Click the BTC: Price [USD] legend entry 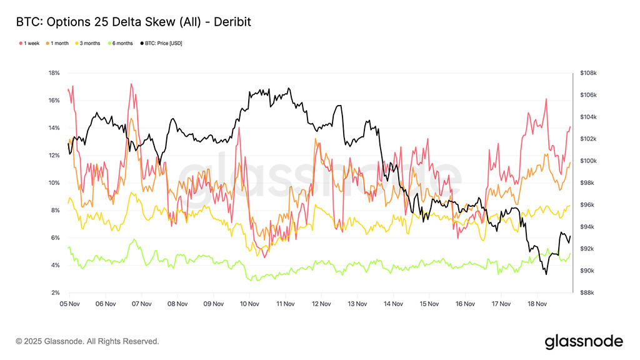coord(163,43)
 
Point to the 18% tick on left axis coord(54,73)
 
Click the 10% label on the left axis coord(54,183)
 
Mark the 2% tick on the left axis coord(56,293)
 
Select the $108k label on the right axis coord(588,73)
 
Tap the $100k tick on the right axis coord(588,161)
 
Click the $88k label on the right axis coord(588,293)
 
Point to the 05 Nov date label coord(70,304)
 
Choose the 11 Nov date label coord(286,304)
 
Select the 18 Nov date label coord(537,304)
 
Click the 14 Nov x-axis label coord(394,304)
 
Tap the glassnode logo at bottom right coord(584,341)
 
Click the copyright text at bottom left coord(87,341)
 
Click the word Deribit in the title coord(233,22)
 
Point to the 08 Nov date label coord(178,304)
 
